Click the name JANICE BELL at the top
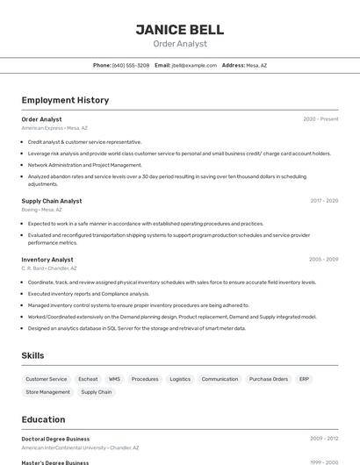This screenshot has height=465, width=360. point(179,30)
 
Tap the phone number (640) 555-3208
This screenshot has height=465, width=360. point(131,65)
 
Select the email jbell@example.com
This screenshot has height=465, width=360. point(194,65)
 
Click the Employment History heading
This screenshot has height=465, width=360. point(65,100)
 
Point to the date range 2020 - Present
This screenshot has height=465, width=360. point(320,119)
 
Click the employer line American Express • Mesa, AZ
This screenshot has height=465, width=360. point(55,128)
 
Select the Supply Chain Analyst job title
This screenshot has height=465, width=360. point(52,201)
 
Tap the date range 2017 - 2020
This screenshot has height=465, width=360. point(324,201)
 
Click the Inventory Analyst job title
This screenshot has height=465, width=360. point(47,260)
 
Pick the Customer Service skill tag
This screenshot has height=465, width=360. point(47,379)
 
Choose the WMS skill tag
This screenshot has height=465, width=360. point(115,379)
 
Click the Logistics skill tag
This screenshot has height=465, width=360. point(180,379)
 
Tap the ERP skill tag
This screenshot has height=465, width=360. point(304,379)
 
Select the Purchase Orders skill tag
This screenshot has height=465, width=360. point(268,379)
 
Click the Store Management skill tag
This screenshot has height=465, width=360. point(48,392)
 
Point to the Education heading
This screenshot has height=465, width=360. point(43,419)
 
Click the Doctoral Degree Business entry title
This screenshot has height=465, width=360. point(55,439)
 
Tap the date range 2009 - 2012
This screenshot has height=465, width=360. point(324,439)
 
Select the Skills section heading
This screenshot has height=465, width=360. point(32,355)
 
